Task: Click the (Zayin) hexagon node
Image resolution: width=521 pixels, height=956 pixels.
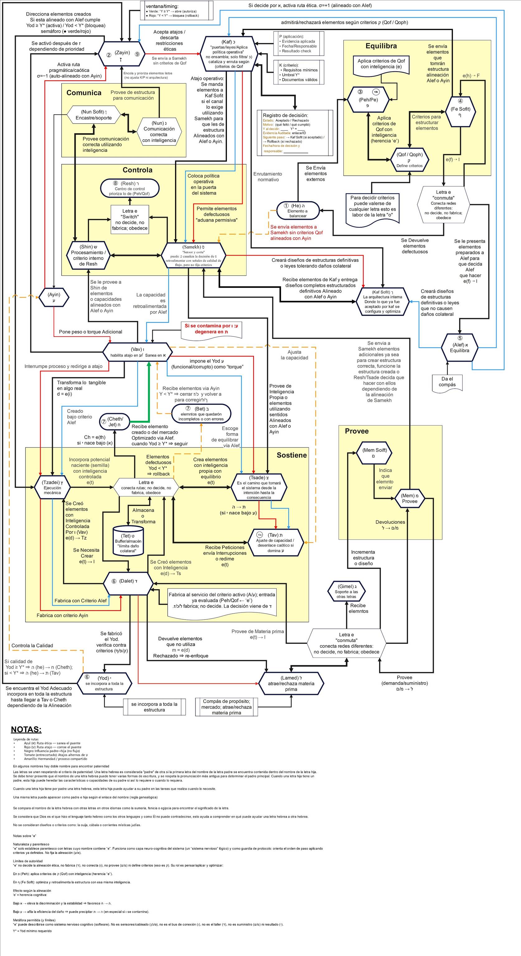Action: [122, 54]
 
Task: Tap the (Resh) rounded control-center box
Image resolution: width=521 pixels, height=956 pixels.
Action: [129, 189]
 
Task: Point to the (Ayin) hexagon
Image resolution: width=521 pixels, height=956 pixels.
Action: [54, 297]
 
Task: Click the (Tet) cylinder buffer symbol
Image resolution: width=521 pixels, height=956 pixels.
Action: [128, 541]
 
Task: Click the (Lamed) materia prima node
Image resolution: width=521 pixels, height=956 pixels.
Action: [291, 683]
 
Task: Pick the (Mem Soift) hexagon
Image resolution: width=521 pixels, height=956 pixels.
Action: [374, 453]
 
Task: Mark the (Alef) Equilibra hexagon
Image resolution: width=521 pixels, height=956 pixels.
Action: [459, 347]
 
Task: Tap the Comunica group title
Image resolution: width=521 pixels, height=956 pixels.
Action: [83, 93]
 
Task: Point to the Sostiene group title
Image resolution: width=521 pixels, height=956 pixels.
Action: [292, 455]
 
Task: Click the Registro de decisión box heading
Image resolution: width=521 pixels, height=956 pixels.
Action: [285, 115]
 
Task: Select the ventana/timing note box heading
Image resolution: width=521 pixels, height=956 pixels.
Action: [162, 6]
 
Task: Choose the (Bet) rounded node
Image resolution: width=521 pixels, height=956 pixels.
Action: [201, 413]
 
